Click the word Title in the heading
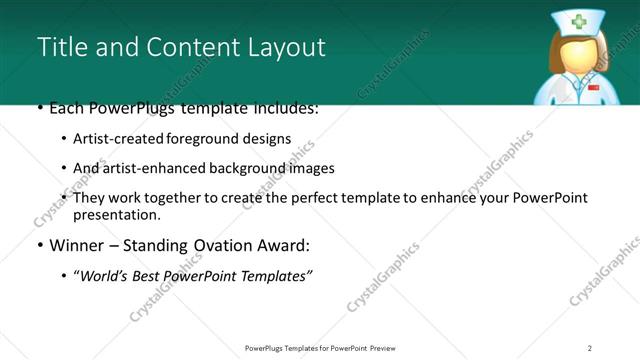coord(60,47)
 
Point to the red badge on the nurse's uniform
coord(593,88)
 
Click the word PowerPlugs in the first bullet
coord(134,107)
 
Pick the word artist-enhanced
coord(147,168)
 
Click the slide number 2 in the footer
coord(590,348)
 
